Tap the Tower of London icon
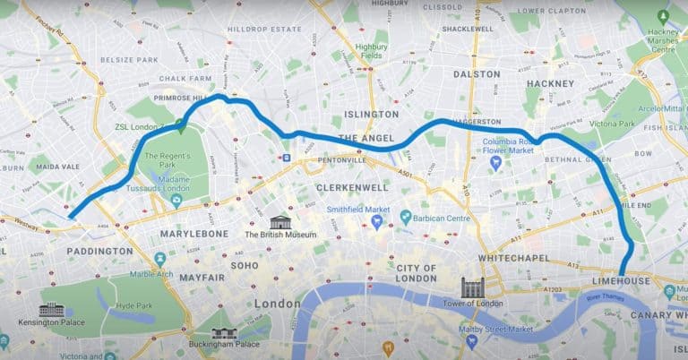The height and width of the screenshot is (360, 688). (x=472, y=287)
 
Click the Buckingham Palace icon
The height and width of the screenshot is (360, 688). (x=223, y=330)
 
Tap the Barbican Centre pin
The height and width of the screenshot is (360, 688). (x=405, y=216)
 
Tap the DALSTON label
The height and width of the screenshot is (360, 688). (x=476, y=73)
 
